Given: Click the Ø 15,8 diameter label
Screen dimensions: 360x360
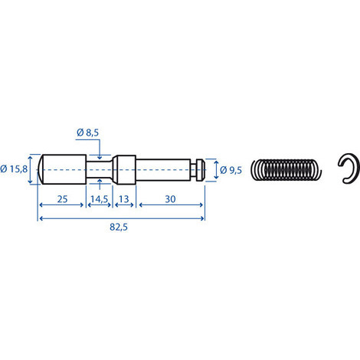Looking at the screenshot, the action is [14, 169].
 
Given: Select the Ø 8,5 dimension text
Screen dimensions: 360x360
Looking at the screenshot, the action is [87, 133].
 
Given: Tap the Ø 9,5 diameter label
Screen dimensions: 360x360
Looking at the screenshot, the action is [231, 170].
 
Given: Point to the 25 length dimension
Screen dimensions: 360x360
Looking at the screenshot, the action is [62, 199].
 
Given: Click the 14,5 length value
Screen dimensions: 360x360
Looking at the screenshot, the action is [100, 199].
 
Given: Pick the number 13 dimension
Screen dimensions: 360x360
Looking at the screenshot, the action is [124, 199].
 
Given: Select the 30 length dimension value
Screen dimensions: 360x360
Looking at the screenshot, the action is [170, 199].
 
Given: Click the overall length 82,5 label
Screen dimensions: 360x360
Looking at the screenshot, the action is [119, 227].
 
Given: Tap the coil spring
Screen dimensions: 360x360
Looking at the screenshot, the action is [286, 169].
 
